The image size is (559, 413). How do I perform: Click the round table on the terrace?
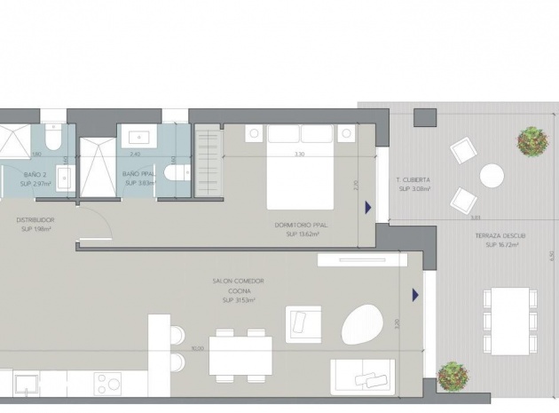pos(492,176)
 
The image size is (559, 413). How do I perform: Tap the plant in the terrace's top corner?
pos(532,139)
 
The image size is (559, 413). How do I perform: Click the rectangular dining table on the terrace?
pos(509,321)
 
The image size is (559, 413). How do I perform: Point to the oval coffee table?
pos(363,325)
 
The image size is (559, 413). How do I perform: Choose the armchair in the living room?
pos(303,323)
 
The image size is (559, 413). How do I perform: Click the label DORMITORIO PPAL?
pos(302,226)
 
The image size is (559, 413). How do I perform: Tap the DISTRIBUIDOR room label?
pos(35,219)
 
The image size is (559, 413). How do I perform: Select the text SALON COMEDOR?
pos(238,282)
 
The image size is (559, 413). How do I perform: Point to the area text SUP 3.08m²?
pos(414,189)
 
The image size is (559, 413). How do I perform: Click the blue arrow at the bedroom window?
pos(367,207)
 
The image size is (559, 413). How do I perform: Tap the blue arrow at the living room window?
pos(414,294)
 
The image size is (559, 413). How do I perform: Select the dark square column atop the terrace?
pos(425,117)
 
